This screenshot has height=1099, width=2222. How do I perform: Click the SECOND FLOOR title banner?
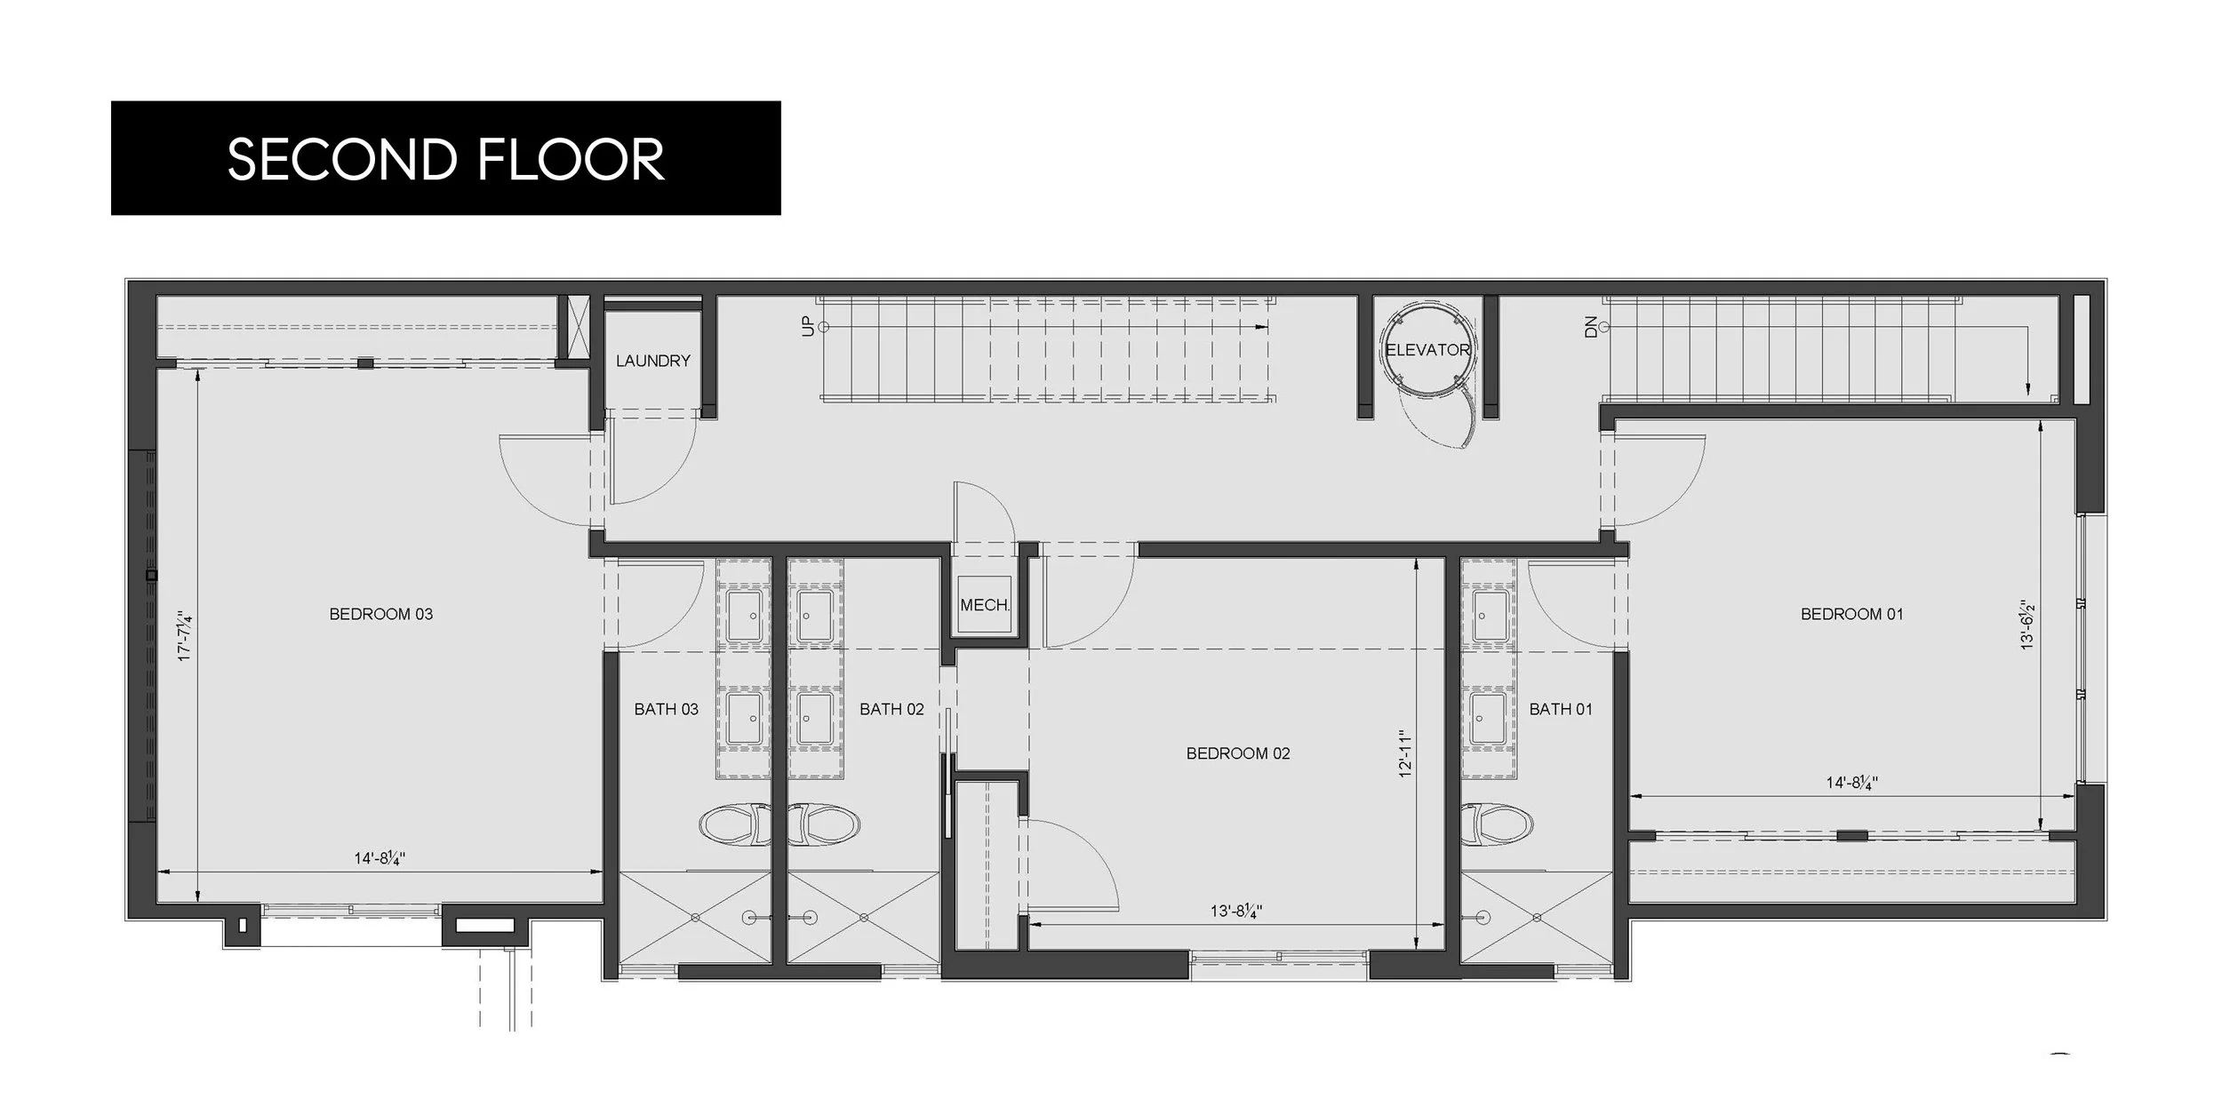point(445,158)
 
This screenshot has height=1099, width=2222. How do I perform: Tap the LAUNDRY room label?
point(652,361)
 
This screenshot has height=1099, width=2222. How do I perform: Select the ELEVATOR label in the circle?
point(1427,350)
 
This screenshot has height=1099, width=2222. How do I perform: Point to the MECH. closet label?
point(985,605)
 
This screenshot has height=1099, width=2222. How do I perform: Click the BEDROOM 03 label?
point(380,614)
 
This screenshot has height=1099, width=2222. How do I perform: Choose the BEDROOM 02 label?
point(1237,753)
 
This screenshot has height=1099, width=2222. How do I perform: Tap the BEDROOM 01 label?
point(1851,614)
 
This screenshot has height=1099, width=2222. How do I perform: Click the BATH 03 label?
point(666,709)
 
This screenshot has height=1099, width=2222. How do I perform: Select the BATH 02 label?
point(891,709)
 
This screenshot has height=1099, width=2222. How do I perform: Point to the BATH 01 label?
point(1561,709)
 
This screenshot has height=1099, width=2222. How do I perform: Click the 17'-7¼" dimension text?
point(185,635)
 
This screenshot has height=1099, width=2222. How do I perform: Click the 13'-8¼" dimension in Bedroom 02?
point(1235,911)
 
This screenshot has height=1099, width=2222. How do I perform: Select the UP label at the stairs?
point(807,327)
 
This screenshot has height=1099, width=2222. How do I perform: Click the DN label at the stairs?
point(1591,327)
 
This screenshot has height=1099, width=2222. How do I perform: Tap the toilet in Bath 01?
point(1497,824)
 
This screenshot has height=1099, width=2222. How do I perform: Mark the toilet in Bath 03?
point(735,824)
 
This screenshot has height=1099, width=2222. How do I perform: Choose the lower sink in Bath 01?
point(1489,718)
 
